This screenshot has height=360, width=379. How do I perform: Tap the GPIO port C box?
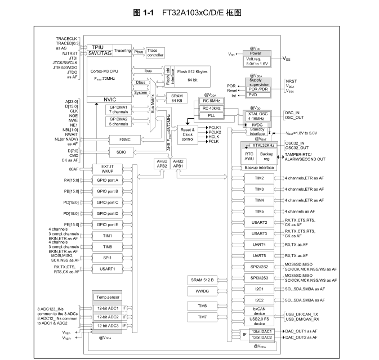108,202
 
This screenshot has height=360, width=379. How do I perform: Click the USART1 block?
108,269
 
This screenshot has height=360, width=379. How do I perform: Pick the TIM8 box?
108,246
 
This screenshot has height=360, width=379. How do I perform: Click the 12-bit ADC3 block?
106,326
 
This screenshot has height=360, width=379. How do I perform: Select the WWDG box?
202,291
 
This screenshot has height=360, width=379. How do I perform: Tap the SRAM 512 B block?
202,280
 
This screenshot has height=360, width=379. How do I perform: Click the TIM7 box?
202,317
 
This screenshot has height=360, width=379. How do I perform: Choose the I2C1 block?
260,289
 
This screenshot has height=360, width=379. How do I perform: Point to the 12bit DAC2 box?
262,337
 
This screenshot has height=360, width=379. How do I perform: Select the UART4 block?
260,244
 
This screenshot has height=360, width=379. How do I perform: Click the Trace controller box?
156,52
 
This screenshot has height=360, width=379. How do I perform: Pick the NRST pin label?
291,81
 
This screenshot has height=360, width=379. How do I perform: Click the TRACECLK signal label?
66,38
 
